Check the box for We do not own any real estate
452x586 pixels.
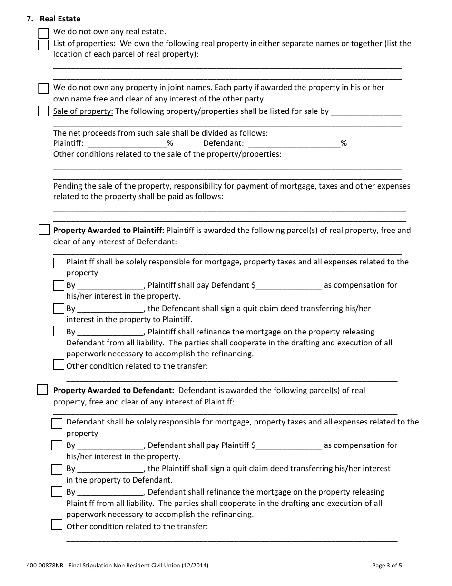43,33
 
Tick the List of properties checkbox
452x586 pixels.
43,45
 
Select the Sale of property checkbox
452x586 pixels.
43,111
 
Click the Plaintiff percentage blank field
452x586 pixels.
127,143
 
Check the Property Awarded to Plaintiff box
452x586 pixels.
44,231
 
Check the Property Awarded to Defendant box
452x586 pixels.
42,390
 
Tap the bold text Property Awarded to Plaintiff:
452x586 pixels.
108,231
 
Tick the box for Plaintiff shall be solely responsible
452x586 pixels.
59,263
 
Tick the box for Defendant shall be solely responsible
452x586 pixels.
57,423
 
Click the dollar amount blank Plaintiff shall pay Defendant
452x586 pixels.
289,285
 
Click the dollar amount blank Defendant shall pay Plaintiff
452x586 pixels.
289,445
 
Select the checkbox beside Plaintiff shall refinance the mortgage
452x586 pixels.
59,331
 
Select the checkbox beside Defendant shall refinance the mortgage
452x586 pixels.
57,491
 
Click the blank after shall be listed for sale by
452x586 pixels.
365,112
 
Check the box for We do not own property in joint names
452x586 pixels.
43,89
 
